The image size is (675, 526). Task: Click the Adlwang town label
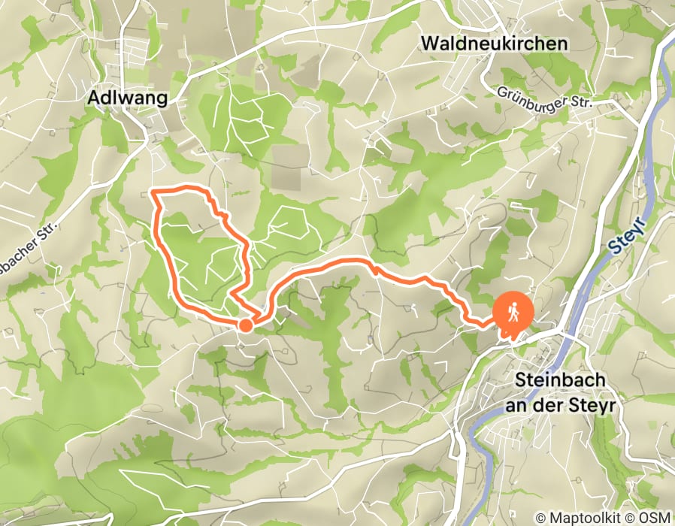point(127,98)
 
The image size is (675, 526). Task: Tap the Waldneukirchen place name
point(494,44)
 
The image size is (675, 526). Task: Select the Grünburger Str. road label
point(544,98)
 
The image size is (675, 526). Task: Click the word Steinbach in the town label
point(561,381)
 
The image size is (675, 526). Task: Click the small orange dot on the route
point(245,325)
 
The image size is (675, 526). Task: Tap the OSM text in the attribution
point(656,518)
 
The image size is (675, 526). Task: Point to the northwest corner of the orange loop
point(154,193)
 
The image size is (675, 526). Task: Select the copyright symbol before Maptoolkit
point(540,518)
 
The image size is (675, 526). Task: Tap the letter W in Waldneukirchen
point(430,44)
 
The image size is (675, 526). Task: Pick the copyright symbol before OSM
point(637,518)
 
